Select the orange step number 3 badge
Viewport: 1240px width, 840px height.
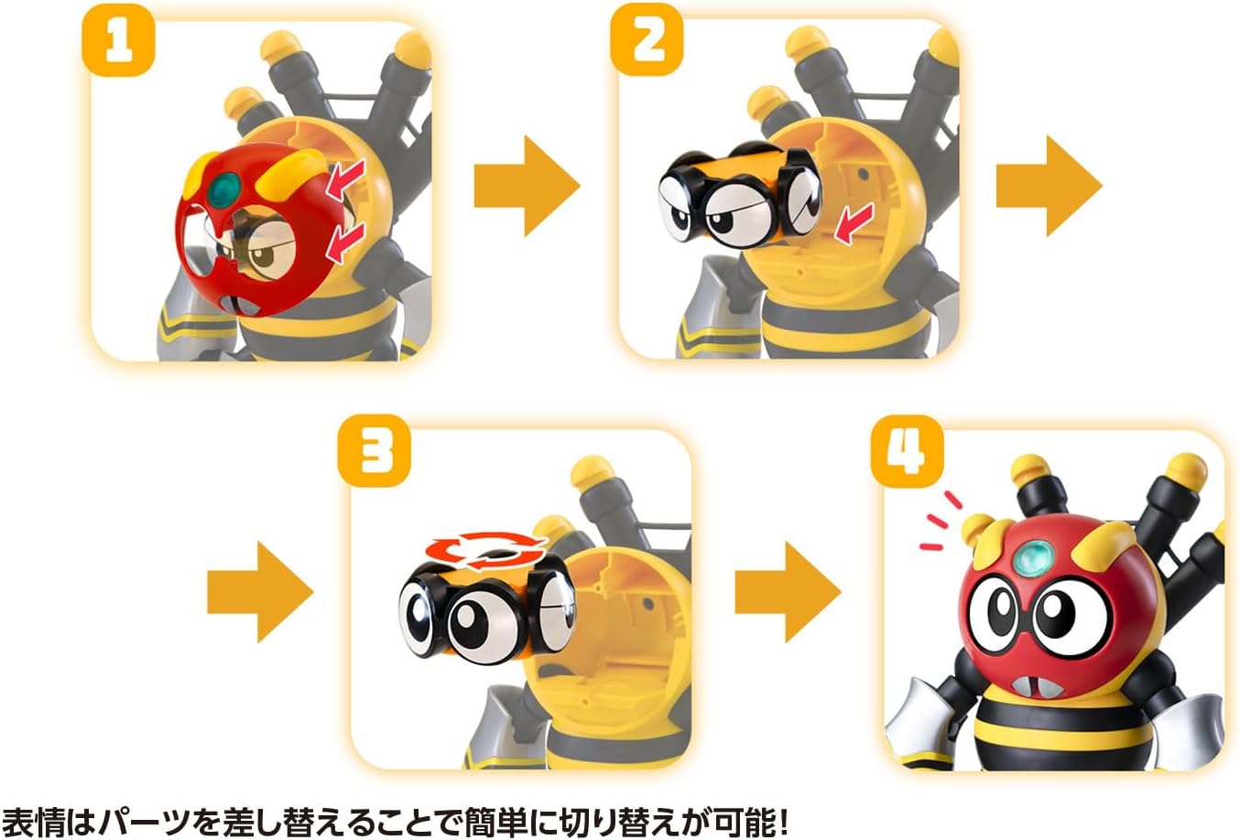(375, 451)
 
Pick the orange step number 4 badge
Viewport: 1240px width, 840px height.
(907, 451)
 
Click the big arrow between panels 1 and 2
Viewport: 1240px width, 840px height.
(527, 186)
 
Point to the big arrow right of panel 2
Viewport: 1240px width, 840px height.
(1050, 186)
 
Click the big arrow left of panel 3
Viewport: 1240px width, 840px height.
(260, 592)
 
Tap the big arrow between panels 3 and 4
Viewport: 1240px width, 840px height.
(788, 592)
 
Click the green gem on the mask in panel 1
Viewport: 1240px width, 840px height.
(225, 187)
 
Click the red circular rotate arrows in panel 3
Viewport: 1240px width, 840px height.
(486, 550)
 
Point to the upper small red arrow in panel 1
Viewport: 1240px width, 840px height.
(346, 179)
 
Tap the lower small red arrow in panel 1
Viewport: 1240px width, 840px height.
(346, 243)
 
